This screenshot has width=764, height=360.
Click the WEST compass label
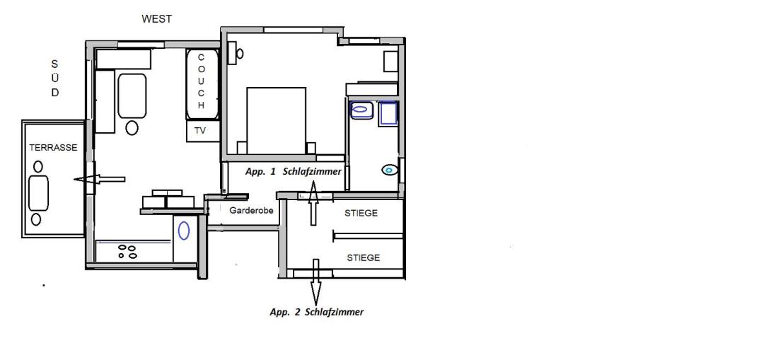click(156, 19)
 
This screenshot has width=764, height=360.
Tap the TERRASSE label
click(53, 148)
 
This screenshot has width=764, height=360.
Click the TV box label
click(199, 131)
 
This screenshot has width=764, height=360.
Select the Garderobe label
click(251, 211)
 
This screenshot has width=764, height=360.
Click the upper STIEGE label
click(361, 214)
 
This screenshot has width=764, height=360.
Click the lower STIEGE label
click(363, 257)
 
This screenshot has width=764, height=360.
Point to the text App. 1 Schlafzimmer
click(294, 171)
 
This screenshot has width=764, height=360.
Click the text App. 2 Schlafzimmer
click(317, 313)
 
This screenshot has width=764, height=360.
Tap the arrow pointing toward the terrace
click(100, 180)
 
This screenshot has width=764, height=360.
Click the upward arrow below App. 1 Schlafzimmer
click(313, 203)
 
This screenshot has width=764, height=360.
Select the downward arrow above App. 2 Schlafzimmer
click(316, 281)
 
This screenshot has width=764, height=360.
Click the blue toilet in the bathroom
click(389, 170)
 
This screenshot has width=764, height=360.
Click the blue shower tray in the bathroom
click(388, 113)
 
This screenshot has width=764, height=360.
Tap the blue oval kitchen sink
click(184, 231)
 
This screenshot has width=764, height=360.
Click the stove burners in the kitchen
click(128, 251)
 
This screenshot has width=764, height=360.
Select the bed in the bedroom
click(277, 121)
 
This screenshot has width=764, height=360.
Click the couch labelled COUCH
click(202, 84)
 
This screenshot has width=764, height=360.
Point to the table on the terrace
click(38, 193)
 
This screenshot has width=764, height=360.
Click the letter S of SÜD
click(54, 64)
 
